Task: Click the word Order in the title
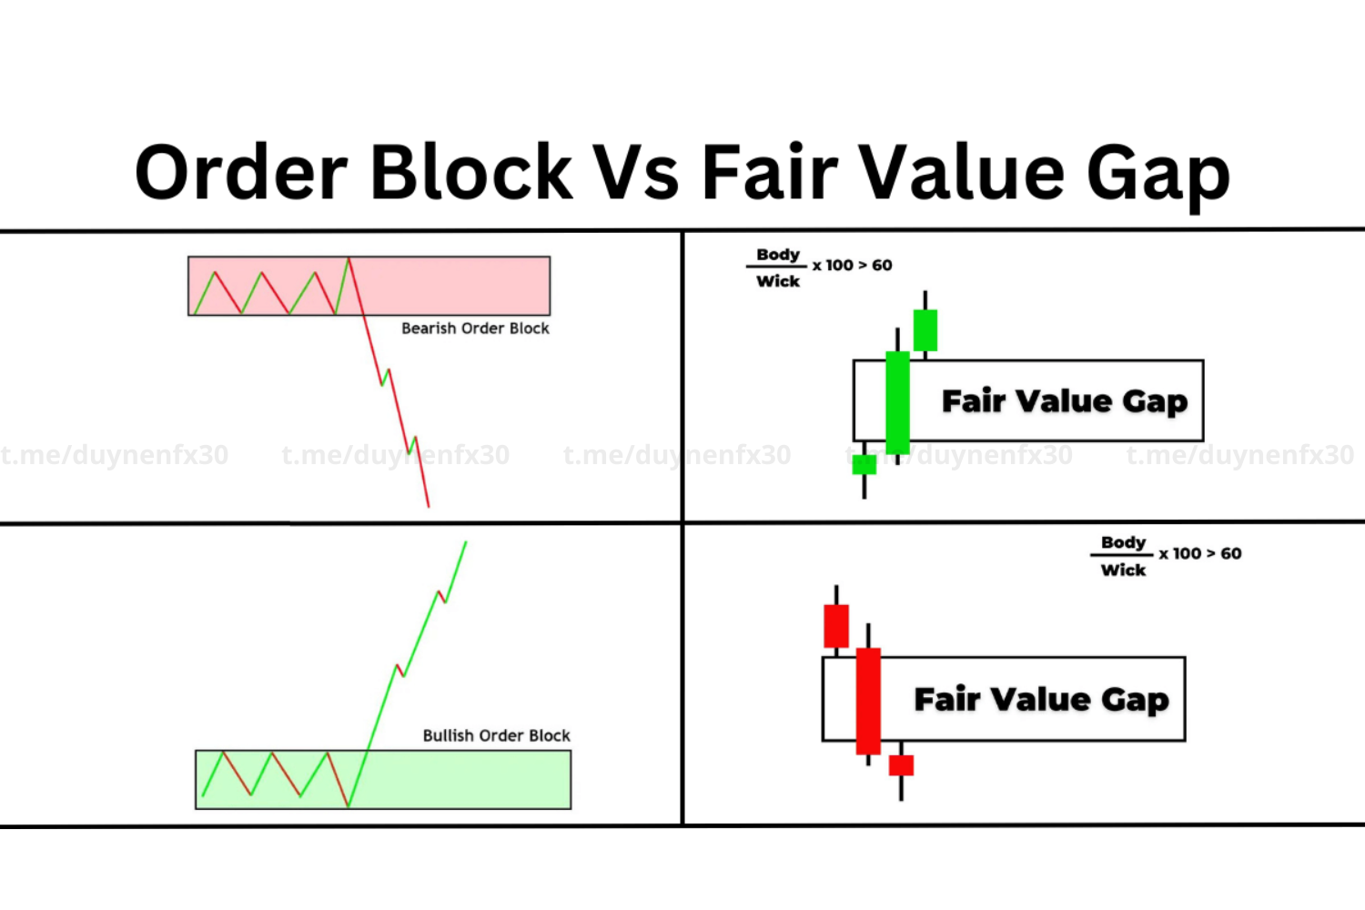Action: tap(241, 171)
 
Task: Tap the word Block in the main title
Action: tap(471, 171)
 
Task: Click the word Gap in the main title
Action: tap(1158, 177)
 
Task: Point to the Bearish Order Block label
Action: tap(475, 328)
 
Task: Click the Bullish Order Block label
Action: tap(497, 735)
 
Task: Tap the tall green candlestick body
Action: tap(897, 402)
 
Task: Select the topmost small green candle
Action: tap(925, 329)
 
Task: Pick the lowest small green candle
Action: tap(864, 464)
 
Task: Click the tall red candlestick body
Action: tap(868, 701)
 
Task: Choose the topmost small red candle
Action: tap(836, 626)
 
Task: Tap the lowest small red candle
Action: tap(901, 765)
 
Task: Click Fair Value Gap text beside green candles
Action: tap(1065, 401)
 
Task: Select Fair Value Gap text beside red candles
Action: tap(1041, 699)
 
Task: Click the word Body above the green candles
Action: tap(778, 254)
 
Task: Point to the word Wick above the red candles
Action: tap(1123, 570)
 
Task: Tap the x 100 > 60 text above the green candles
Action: tap(853, 265)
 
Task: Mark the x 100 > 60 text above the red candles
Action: tap(1200, 553)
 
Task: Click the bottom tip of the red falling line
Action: tap(429, 507)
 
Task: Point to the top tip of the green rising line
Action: tap(466, 541)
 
